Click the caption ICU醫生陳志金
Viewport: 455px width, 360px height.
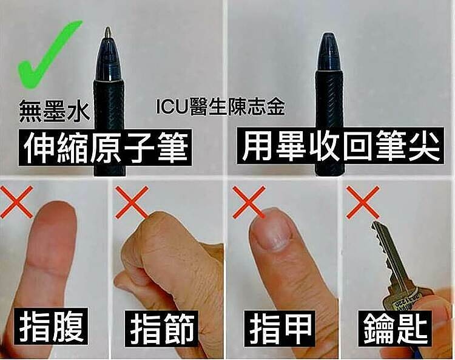(220, 107)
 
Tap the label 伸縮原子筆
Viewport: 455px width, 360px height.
(105, 148)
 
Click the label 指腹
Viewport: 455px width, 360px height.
(53, 327)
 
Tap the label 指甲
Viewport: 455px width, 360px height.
(280, 328)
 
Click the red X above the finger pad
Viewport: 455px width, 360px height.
(16, 202)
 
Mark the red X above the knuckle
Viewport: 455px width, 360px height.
(132, 202)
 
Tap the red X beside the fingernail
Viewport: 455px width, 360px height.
(249, 202)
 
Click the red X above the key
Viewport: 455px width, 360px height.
(363, 202)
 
